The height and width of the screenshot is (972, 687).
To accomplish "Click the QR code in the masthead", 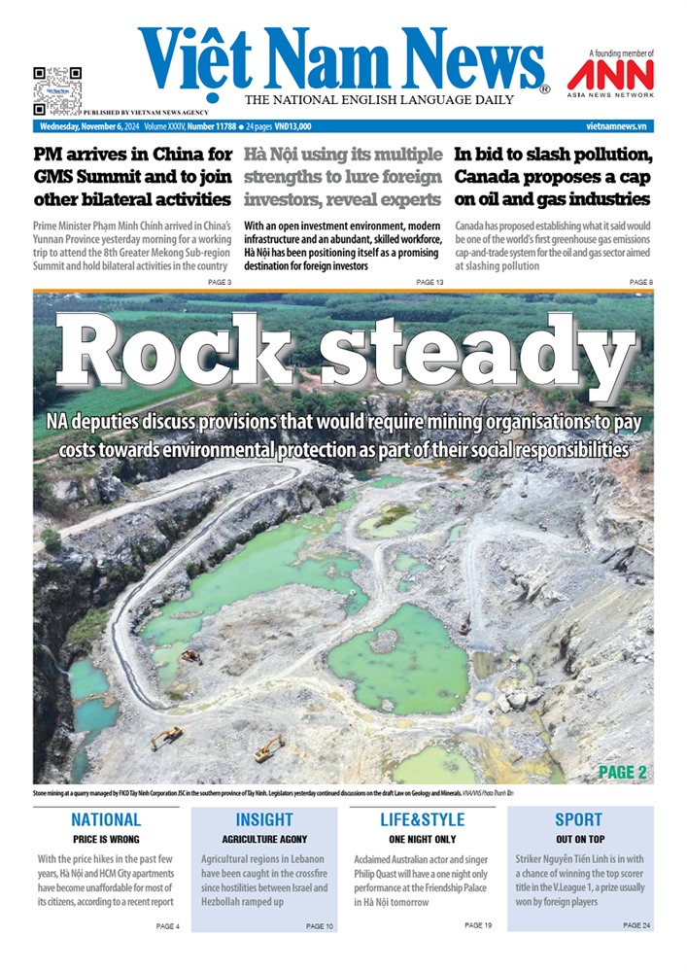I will click(x=56, y=87).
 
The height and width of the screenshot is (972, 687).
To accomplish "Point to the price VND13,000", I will click(x=292, y=126).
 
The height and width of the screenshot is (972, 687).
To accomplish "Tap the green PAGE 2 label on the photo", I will click(x=623, y=773).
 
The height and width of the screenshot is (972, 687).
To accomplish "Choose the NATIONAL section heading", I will click(x=106, y=819).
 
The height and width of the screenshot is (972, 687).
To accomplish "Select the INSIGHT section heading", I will click(x=264, y=819).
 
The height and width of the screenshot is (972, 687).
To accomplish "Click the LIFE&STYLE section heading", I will click(x=422, y=819).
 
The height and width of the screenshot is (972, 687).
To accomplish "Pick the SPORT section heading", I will click(x=578, y=819).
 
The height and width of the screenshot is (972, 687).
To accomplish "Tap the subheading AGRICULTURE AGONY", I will click(x=264, y=839).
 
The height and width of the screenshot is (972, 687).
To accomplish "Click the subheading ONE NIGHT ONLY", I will click(x=422, y=839).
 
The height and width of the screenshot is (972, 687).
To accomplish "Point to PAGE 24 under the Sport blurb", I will click(x=637, y=925).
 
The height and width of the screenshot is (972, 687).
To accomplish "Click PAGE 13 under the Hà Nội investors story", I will click(x=429, y=282).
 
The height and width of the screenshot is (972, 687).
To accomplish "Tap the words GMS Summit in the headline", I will click(x=86, y=177).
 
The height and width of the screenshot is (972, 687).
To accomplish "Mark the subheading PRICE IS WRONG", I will click(x=106, y=839).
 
